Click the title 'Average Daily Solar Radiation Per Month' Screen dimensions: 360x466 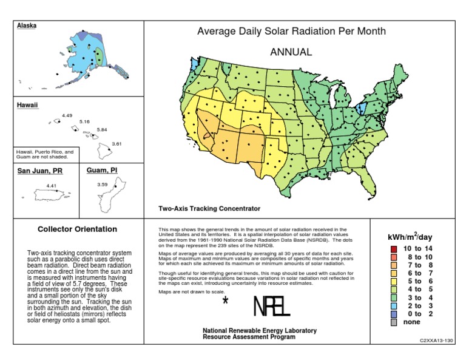click(291, 32)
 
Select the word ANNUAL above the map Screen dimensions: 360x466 click(291, 52)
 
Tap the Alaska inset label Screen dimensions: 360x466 click(27, 25)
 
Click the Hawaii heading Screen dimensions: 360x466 click(27, 105)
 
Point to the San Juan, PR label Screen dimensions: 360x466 click(39, 171)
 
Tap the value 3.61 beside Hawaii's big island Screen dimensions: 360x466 click(116, 144)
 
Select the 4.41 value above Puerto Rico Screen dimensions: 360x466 click(52, 185)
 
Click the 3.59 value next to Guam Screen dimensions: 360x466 click(102, 184)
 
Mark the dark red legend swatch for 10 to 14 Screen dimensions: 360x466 click(394, 250)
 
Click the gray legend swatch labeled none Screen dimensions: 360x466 click(394, 322)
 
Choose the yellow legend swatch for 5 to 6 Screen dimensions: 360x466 click(394, 281)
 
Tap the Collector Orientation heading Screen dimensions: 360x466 click(78, 229)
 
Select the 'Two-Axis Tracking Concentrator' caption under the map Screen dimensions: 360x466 click(209, 208)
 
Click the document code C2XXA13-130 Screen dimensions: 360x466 click(436, 341)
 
